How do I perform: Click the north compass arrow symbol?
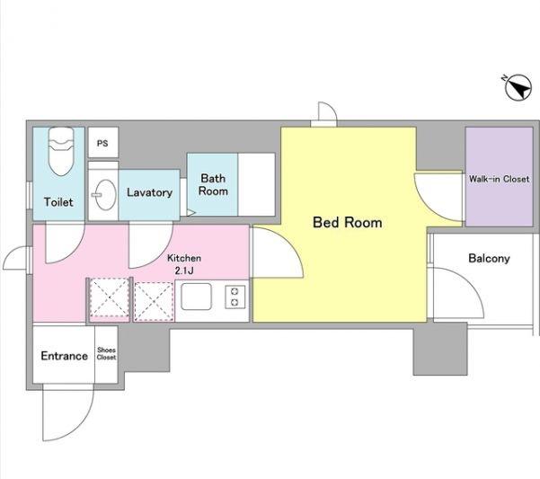(x=518, y=87)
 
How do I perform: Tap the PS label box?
(x=103, y=143)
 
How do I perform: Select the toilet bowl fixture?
(x=61, y=151)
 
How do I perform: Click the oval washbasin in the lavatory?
(x=105, y=194)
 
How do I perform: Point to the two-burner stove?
(x=235, y=297)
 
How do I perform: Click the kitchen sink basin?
(x=196, y=297)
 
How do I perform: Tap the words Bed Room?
(x=348, y=223)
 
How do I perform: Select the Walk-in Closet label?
(x=499, y=179)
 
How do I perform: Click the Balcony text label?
(x=489, y=258)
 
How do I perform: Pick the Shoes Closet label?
(x=106, y=354)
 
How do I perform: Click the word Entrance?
(x=65, y=356)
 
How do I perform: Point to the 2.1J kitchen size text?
(x=184, y=271)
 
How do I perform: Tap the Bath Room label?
(x=213, y=184)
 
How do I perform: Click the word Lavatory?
(x=149, y=192)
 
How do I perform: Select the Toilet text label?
(x=58, y=202)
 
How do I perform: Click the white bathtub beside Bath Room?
(x=257, y=184)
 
